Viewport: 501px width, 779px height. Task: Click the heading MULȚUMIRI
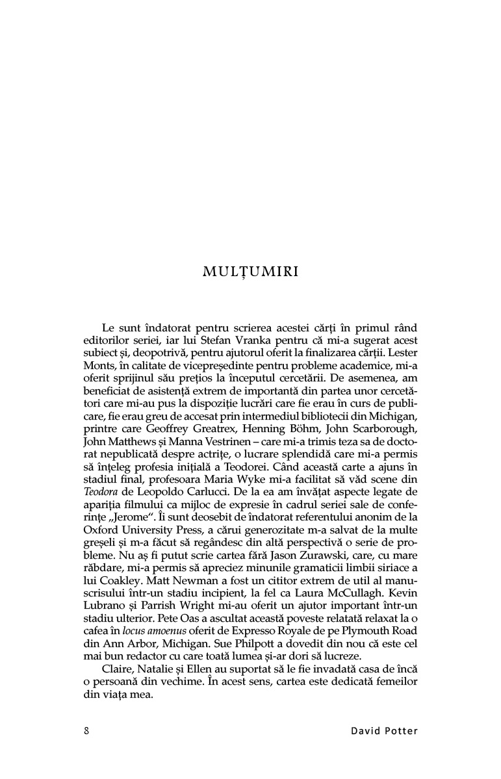(x=250, y=272)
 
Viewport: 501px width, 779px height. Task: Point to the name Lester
(x=401, y=353)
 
